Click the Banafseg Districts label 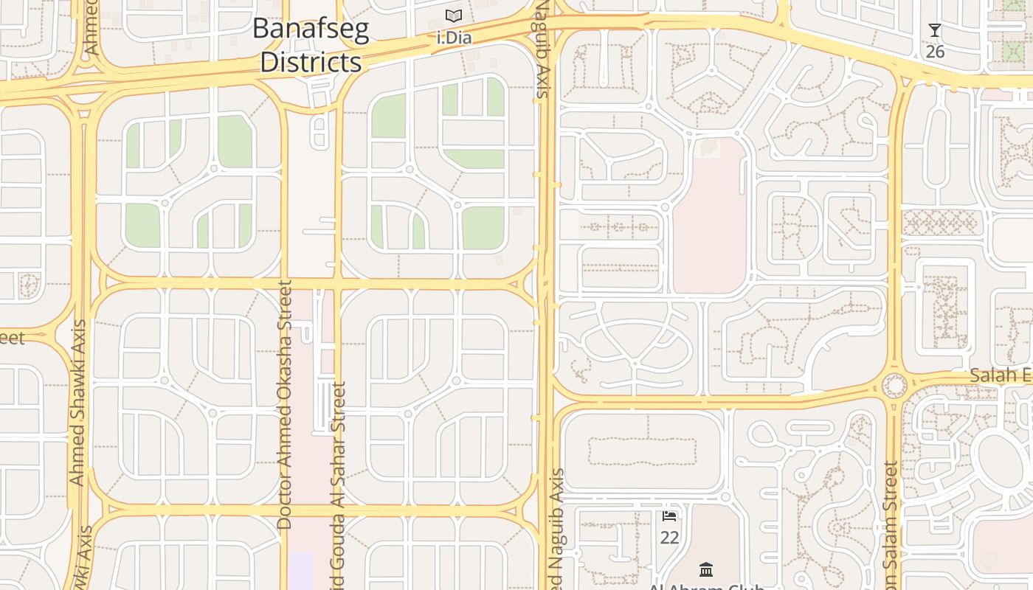[311, 46]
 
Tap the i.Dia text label [454, 38]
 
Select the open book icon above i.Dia [454, 15]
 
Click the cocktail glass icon [935, 30]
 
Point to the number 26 [935, 52]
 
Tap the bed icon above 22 [669, 516]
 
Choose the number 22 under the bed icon [669, 538]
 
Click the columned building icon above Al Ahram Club [706, 569]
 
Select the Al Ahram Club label [705, 586]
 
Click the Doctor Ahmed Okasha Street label [285, 404]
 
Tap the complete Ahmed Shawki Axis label [77, 403]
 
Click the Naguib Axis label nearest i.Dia [543, 50]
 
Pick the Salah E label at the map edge [1001, 375]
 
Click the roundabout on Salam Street [894, 385]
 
